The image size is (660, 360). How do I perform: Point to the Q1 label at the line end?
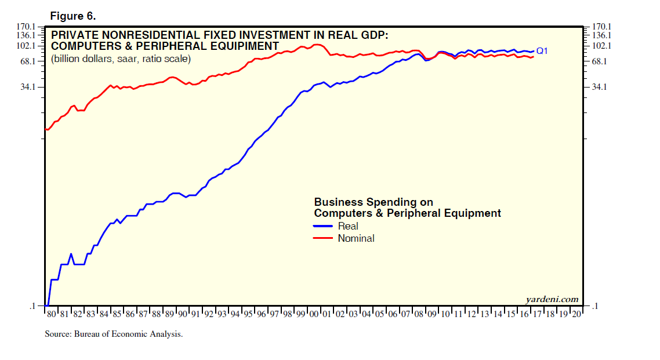(542, 51)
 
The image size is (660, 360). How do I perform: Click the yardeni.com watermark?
(552, 299)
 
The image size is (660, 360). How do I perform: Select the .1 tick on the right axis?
(595, 306)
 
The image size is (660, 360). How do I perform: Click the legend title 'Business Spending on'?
(373, 202)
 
